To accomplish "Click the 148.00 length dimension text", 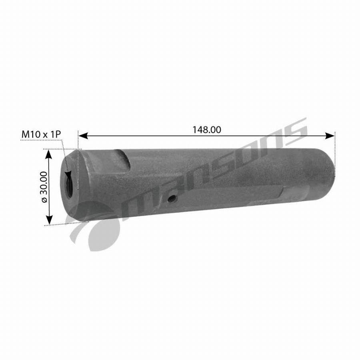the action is [x=207, y=130].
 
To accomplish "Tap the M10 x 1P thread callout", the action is [x=41, y=134].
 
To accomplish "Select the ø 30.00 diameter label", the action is [x=44, y=187].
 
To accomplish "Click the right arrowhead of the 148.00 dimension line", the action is [x=330, y=136].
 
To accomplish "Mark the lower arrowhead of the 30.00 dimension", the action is [x=49, y=220].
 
